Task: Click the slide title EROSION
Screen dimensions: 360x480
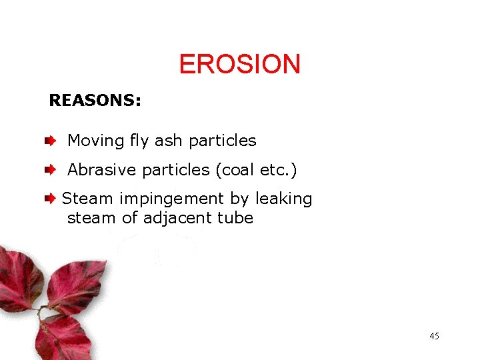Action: [x=240, y=65]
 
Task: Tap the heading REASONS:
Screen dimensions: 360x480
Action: [x=95, y=101]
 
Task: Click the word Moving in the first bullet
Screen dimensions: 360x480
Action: [x=96, y=141]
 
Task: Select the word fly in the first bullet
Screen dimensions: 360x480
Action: [x=139, y=141]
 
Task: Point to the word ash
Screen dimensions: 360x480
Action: [x=169, y=141]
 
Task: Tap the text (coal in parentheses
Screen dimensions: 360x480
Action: [x=235, y=171]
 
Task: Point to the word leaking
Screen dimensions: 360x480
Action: [x=283, y=199]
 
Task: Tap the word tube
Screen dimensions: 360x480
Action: [x=235, y=217]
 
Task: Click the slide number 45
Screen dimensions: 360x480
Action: [x=434, y=336]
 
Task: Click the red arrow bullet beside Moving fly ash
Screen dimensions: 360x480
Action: [x=50, y=141]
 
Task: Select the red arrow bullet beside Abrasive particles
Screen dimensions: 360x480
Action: [x=50, y=171]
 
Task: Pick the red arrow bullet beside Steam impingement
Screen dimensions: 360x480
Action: [x=50, y=199]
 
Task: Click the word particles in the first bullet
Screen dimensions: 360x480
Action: [x=223, y=141]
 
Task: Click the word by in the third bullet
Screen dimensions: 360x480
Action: [x=239, y=199]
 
